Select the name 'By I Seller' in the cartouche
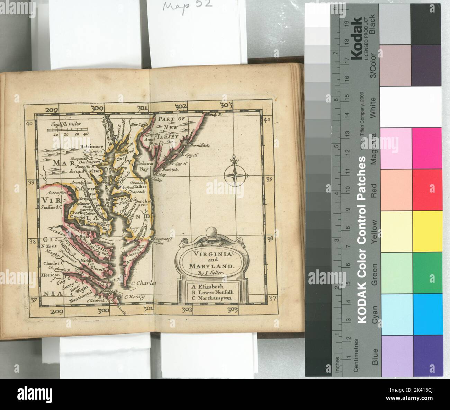(x=209, y=273)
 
